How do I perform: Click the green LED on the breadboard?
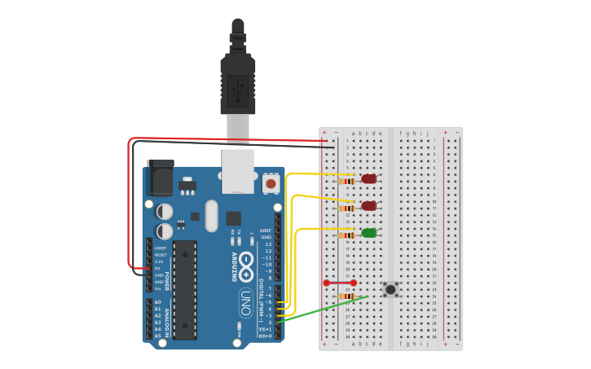pyautogui.click(x=369, y=233)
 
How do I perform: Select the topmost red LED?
pyautogui.click(x=369, y=178)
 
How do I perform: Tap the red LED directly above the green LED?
pyautogui.click(x=369, y=206)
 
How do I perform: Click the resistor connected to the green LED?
pyautogui.click(x=348, y=235)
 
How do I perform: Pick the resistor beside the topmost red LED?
pyautogui.click(x=348, y=181)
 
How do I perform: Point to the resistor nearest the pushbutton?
pyautogui.click(x=347, y=297)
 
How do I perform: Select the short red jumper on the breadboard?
pyautogui.click(x=340, y=283)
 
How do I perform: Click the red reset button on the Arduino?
pyautogui.click(x=271, y=184)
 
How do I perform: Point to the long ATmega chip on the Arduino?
pyautogui.click(x=185, y=289)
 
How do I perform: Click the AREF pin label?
pyautogui.click(x=266, y=231)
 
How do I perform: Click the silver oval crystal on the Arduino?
pyautogui.click(x=212, y=216)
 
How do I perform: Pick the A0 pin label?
pyautogui.click(x=157, y=302)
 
